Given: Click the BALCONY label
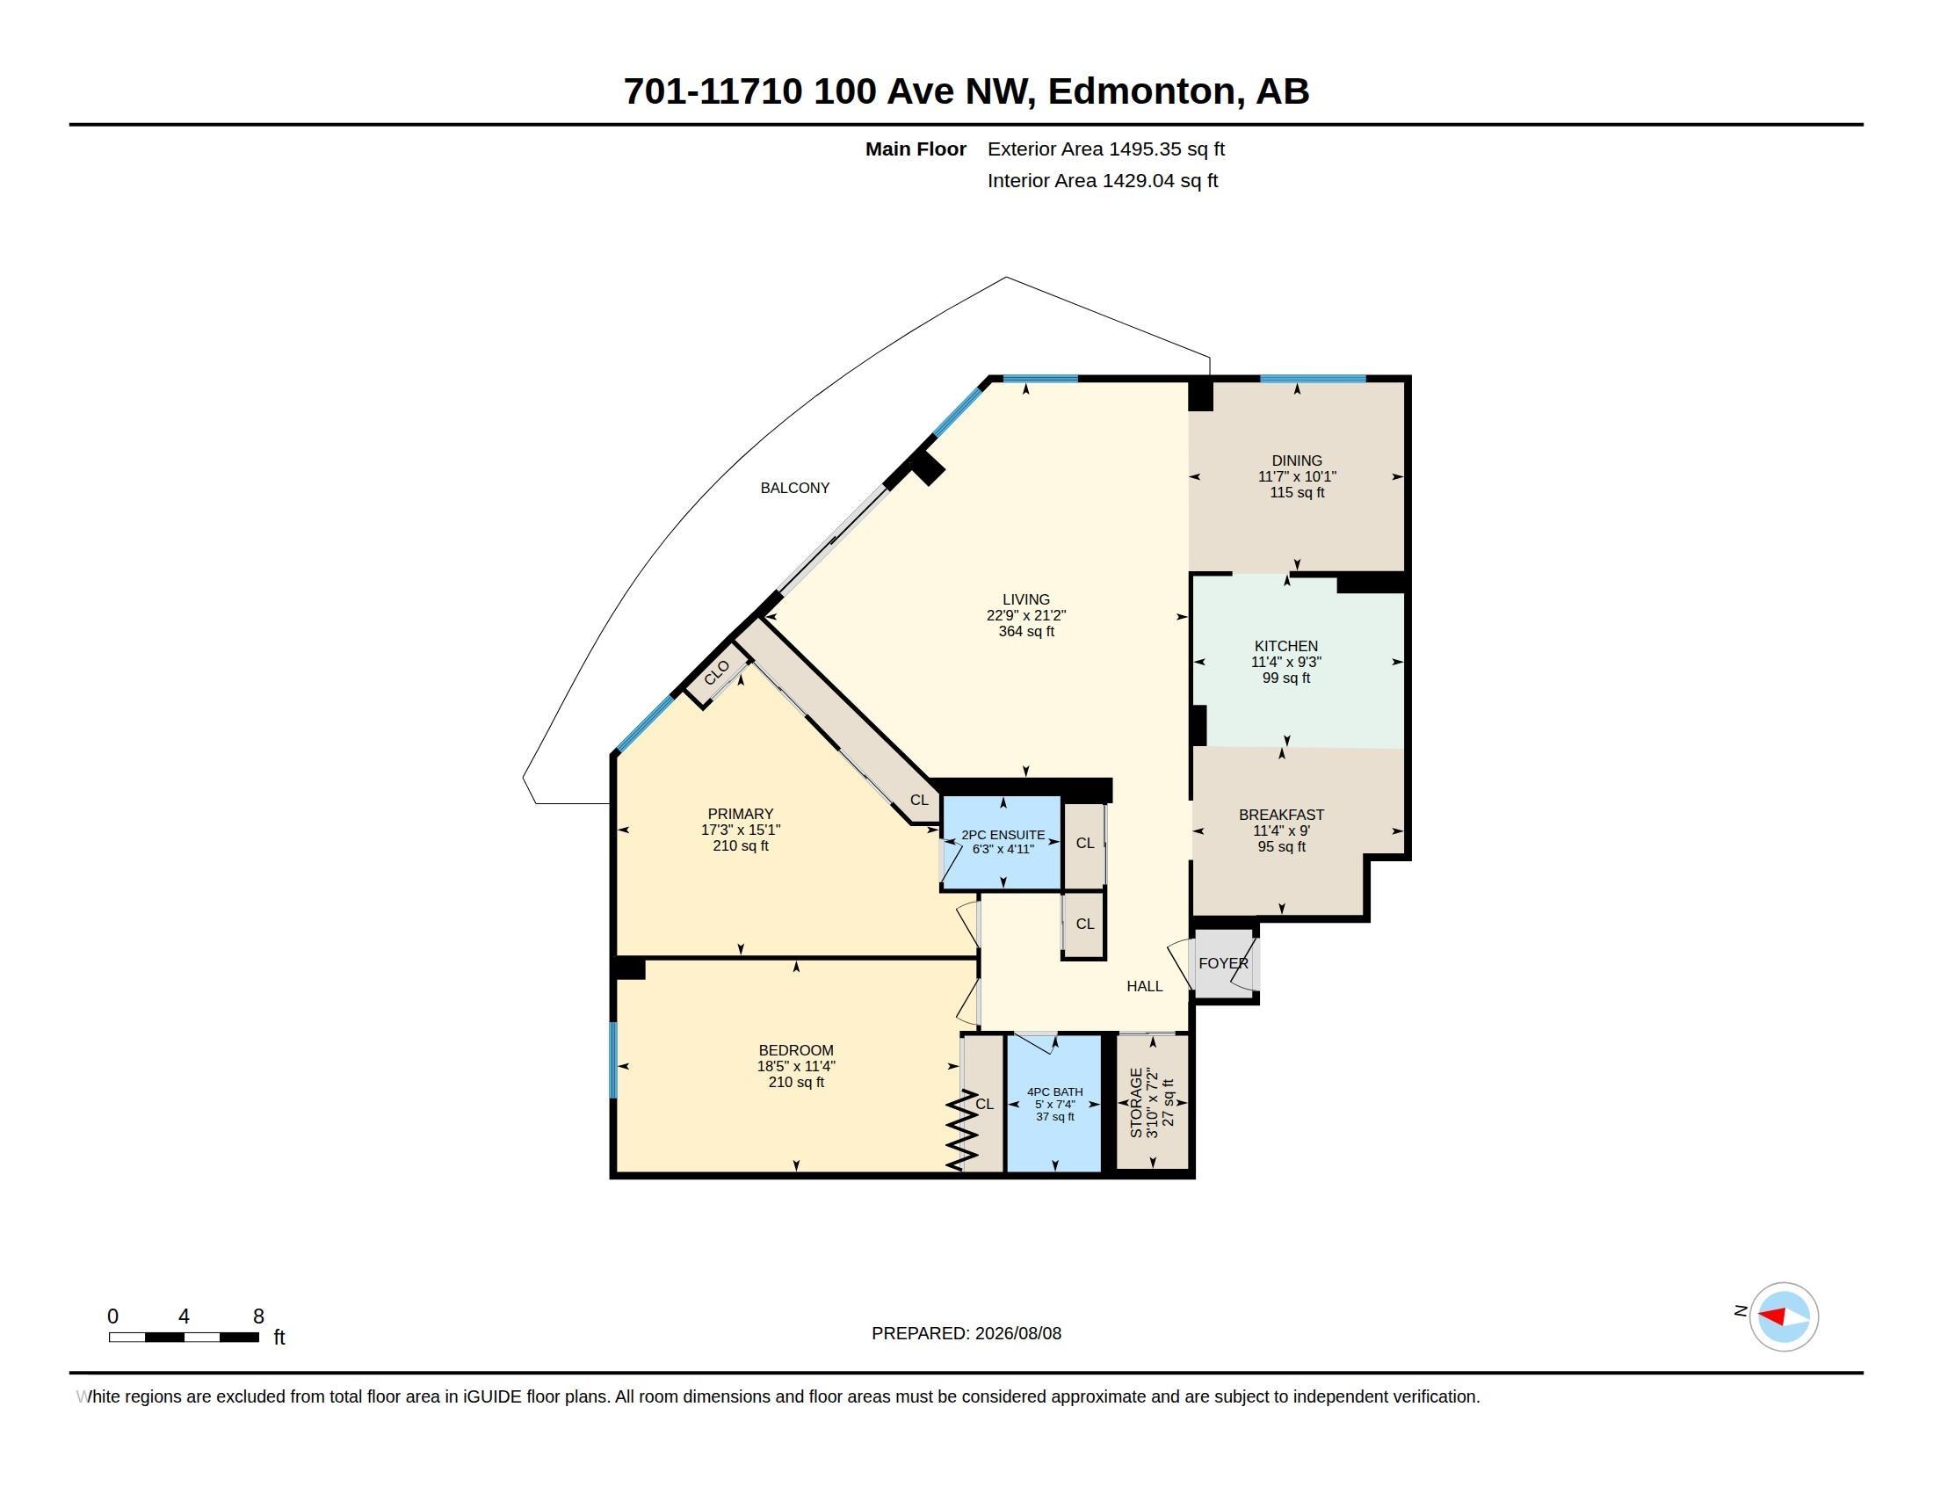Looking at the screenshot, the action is (795, 488).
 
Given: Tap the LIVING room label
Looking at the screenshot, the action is (1025, 600).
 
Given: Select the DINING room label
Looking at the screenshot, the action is (1297, 461).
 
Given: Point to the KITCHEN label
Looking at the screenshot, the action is (1286, 646).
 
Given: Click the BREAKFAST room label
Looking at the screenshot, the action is (1282, 816).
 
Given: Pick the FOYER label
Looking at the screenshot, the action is (1223, 963).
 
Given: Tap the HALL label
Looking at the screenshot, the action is (1144, 986).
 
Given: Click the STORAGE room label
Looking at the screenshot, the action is (1136, 1103).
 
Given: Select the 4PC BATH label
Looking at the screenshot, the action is (1055, 1092).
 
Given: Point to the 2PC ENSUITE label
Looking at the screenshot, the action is (1003, 835).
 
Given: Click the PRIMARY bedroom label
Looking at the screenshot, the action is (741, 815).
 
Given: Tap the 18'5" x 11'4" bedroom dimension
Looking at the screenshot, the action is (796, 1067).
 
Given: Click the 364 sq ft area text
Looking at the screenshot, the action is (1025, 632).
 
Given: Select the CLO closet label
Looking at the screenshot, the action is (717, 672).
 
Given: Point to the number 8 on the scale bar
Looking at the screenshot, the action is (258, 1316).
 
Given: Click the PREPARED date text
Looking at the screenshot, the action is (966, 1333).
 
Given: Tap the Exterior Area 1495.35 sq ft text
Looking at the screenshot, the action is (1106, 149).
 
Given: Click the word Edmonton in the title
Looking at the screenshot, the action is (1141, 91).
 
